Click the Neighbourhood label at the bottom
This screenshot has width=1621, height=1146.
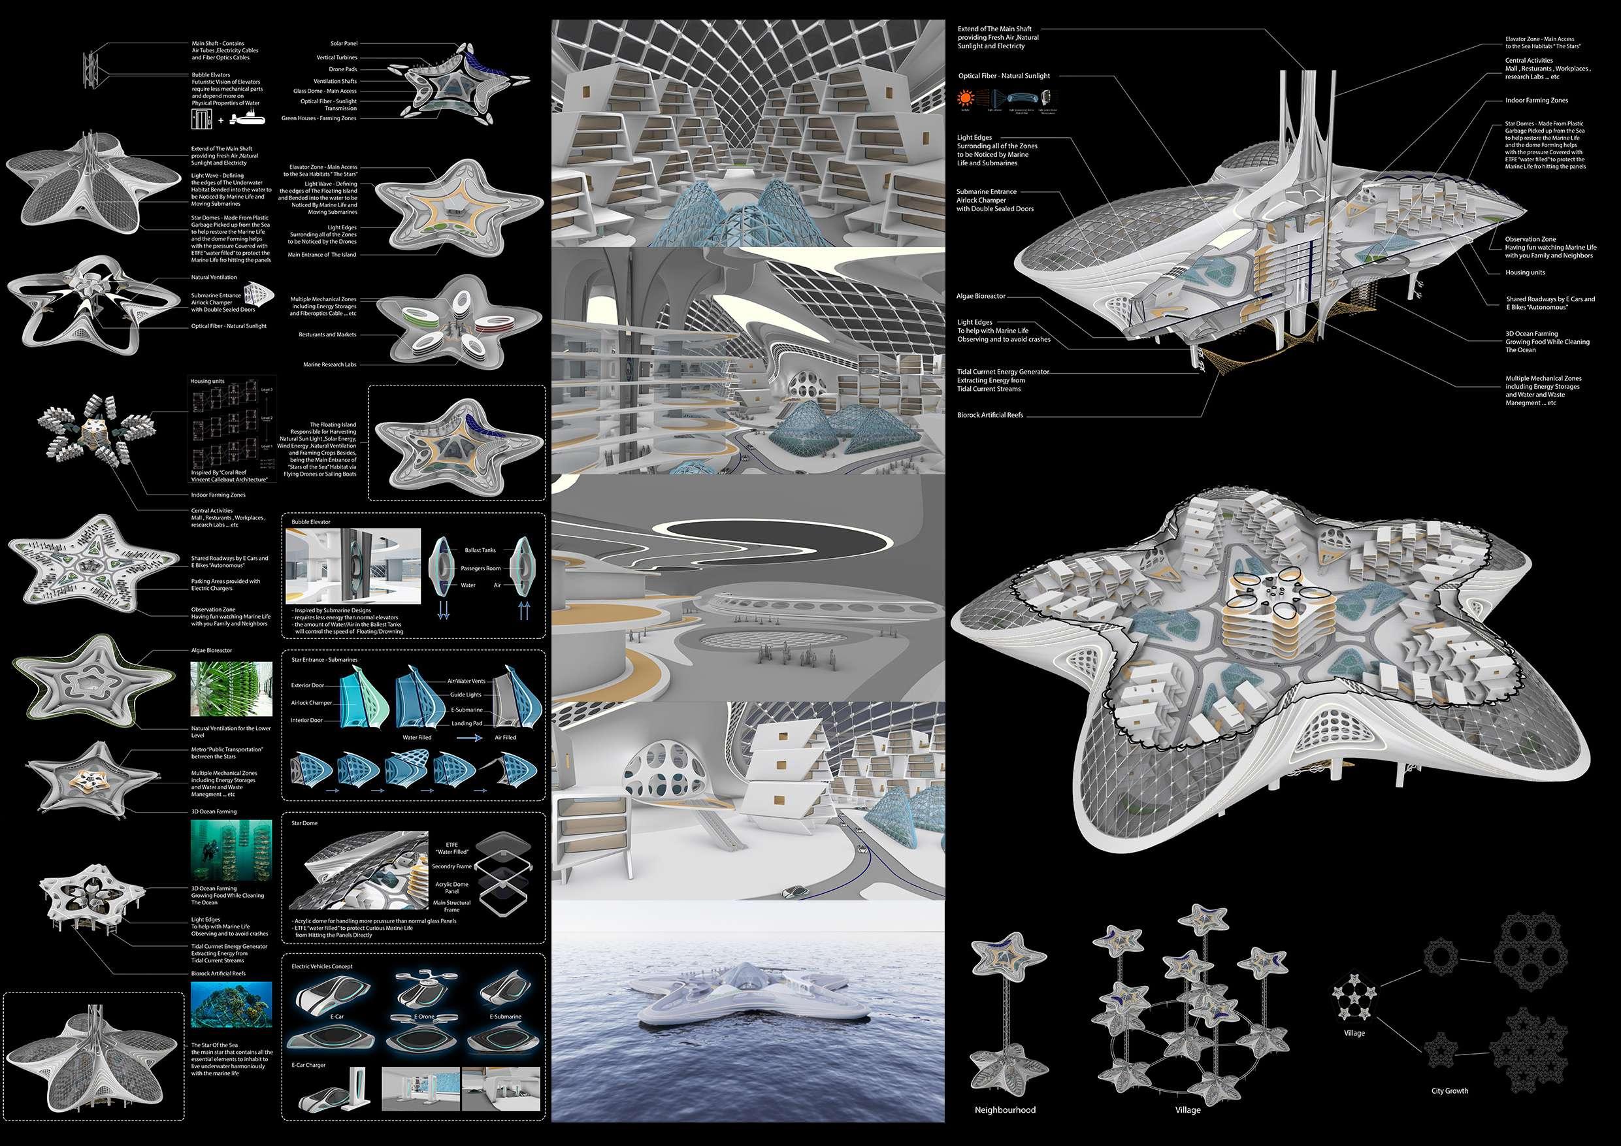coord(1004,1109)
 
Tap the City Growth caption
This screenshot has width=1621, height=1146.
coord(1449,1090)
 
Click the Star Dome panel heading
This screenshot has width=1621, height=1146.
coord(304,823)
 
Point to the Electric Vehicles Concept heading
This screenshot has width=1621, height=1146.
coord(322,966)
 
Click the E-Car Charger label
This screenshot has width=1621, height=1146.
coord(308,1065)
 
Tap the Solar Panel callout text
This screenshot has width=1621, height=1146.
coord(344,44)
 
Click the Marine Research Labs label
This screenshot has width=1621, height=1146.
coord(329,365)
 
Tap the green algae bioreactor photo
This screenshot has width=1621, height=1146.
coord(231,689)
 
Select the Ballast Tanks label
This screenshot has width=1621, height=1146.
coord(480,550)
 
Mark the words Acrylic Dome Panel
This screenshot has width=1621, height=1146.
coord(450,887)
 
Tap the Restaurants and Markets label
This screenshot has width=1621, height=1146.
coord(327,335)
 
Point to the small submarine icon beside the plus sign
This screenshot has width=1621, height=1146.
coord(250,121)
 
